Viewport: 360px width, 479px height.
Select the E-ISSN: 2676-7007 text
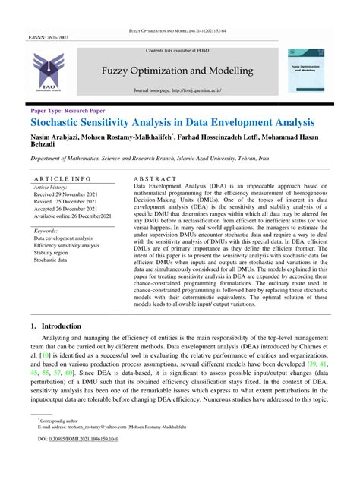tap(48, 36)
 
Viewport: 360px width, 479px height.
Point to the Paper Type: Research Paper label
tap(68, 110)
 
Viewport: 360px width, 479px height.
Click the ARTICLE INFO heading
tap(62, 178)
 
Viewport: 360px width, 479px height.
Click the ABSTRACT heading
tap(155, 178)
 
